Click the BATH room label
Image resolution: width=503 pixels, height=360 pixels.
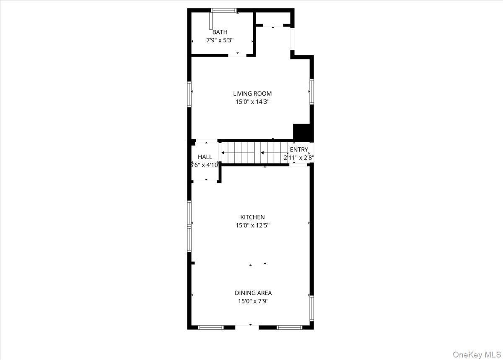(220, 32)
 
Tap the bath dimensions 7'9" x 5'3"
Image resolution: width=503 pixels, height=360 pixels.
(220, 40)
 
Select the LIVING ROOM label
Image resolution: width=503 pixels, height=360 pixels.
(252, 94)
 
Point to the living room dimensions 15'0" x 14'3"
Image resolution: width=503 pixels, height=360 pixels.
(252, 102)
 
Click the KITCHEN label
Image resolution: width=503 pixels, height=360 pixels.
(252, 217)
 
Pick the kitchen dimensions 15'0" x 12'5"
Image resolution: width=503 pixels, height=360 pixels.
(252, 225)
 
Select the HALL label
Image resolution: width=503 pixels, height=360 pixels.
(205, 157)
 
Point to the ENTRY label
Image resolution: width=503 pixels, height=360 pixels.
(299, 150)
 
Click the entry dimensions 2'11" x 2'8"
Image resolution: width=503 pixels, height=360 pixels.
(299, 158)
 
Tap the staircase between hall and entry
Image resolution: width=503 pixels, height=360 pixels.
(254, 153)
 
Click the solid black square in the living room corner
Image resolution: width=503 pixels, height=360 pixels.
(303, 133)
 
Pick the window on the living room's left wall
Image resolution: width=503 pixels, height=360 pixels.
(189, 93)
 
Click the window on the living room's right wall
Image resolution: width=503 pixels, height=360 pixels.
(311, 91)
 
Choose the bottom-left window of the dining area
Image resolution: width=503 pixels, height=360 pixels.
(211, 327)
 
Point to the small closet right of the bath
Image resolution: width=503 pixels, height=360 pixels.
(273, 19)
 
